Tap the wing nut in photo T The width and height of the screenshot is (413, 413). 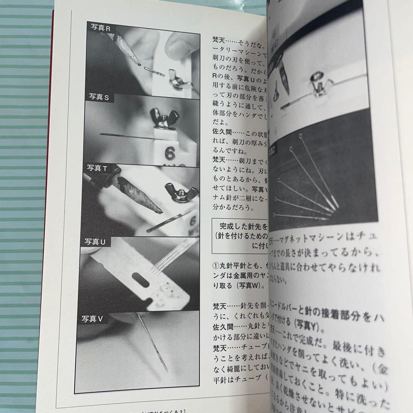180,193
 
